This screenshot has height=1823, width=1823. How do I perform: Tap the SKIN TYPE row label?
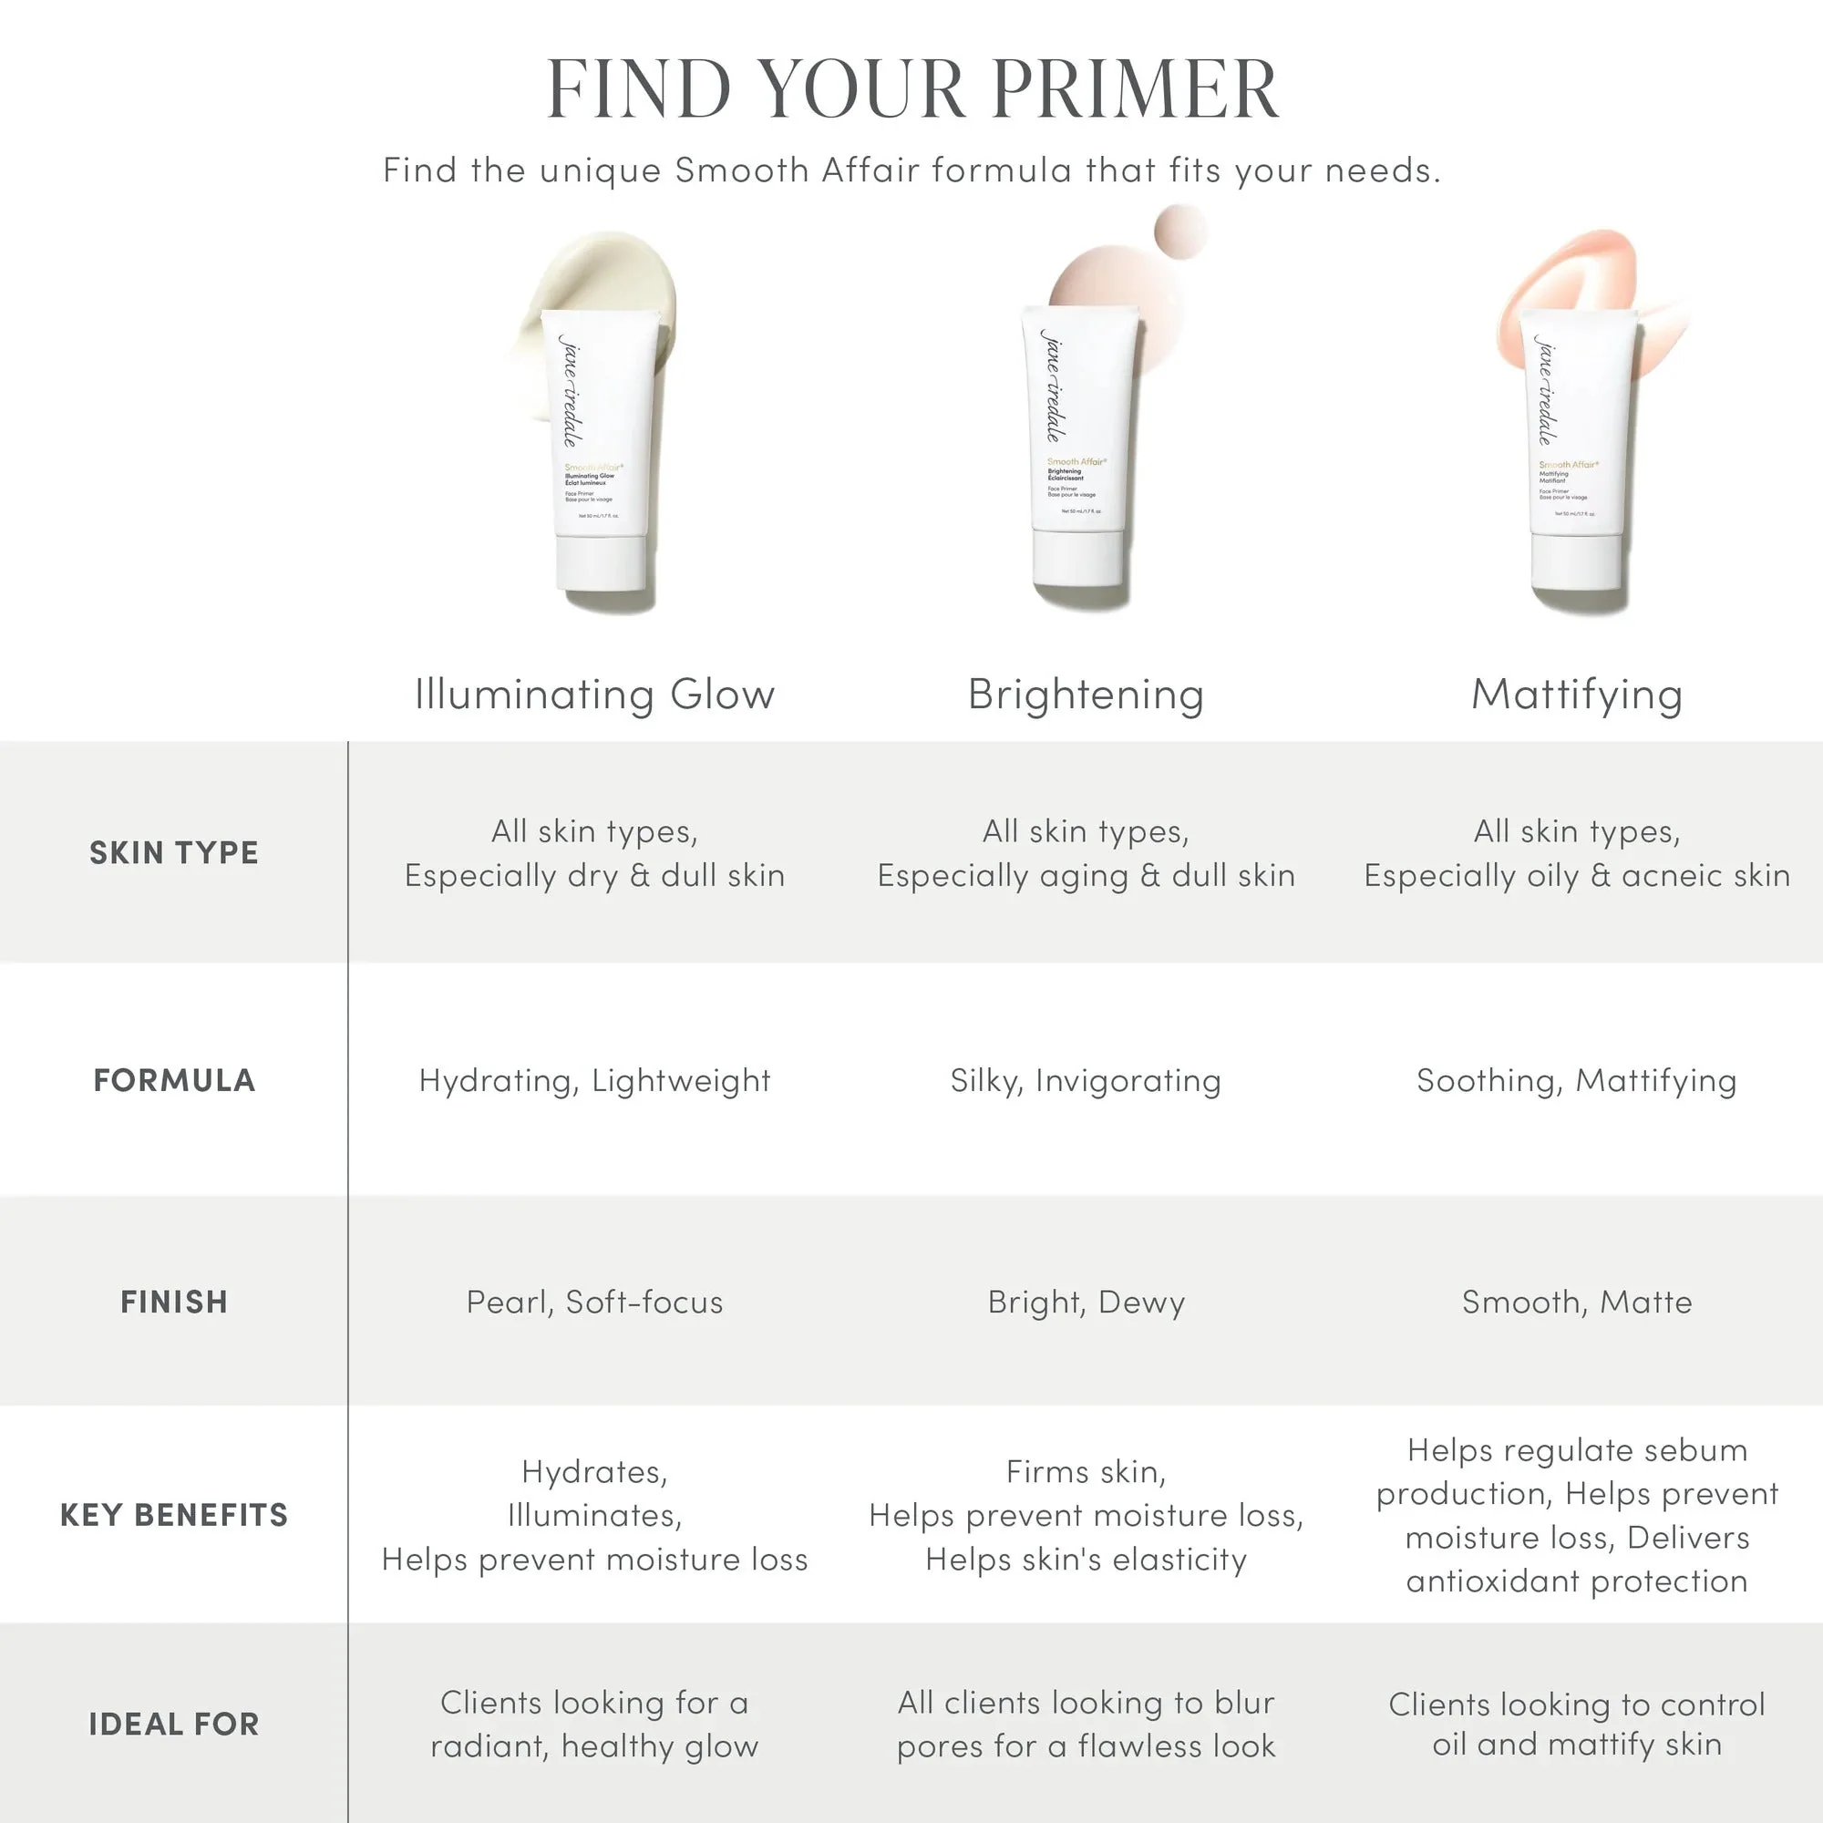pyautogui.click(x=173, y=853)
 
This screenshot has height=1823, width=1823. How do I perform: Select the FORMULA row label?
pyautogui.click(x=173, y=1080)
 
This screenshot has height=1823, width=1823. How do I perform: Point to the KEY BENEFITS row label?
pyautogui.click(x=173, y=1516)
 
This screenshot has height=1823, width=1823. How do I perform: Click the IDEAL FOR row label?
pyautogui.click(x=173, y=1725)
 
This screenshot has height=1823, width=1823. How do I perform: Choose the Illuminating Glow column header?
pyautogui.click(x=594, y=695)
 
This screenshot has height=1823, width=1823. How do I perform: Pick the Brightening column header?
pyautogui.click(x=1087, y=695)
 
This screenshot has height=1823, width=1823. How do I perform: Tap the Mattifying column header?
pyautogui.click(x=1577, y=695)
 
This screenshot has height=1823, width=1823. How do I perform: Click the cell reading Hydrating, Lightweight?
pyautogui.click(x=594, y=1080)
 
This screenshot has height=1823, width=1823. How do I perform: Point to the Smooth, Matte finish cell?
pyautogui.click(x=1577, y=1303)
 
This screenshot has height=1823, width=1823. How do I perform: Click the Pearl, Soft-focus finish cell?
pyautogui.click(x=594, y=1303)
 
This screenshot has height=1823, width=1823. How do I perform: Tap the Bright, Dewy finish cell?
pyautogui.click(x=1087, y=1303)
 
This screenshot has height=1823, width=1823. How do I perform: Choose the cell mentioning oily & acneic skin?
pyautogui.click(x=1577, y=853)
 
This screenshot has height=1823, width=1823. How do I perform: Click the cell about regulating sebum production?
pyautogui.click(x=1577, y=1516)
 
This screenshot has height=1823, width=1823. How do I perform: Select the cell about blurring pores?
pyautogui.click(x=1087, y=1725)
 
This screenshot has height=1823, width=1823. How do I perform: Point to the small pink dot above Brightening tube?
pyautogui.click(x=1180, y=231)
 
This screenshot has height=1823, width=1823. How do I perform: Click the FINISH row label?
pyautogui.click(x=173, y=1303)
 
